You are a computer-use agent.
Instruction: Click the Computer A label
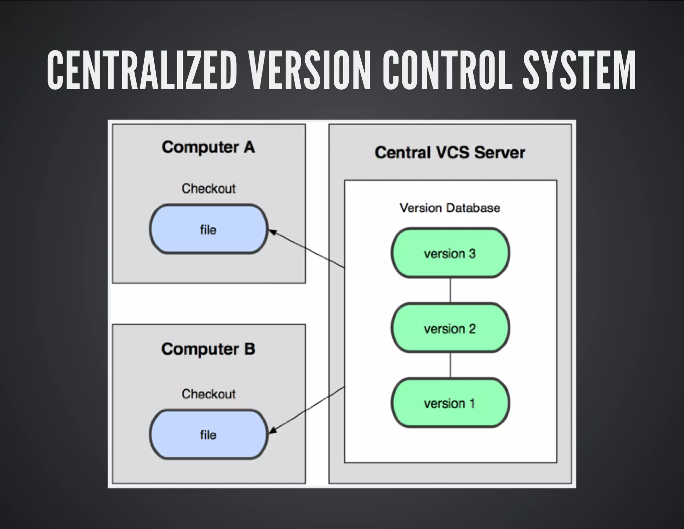point(208,147)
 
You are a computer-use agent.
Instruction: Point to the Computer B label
point(208,349)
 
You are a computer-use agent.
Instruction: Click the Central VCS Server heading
point(450,153)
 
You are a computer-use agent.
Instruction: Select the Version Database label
point(450,208)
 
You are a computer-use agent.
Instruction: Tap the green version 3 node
point(450,253)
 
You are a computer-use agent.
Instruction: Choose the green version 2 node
point(450,328)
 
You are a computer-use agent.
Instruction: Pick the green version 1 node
point(450,403)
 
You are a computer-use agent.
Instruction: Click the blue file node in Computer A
point(209,229)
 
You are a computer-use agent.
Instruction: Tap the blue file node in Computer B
point(209,434)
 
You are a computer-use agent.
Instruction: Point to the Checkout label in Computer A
point(208,189)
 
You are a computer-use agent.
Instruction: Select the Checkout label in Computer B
point(208,394)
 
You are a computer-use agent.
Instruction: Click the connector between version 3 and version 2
point(451,290)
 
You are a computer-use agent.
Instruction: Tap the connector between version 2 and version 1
point(451,365)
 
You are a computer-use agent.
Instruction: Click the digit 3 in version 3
point(472,253)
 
